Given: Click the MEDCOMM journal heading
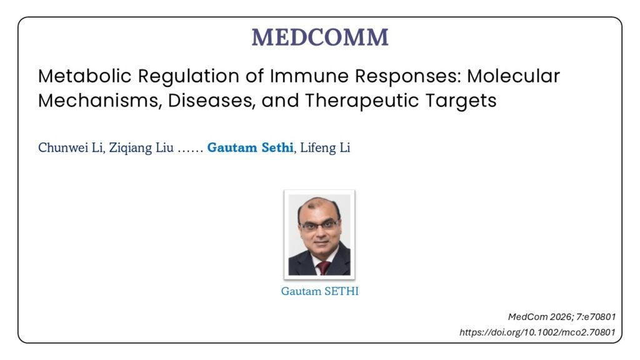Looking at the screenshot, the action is coord(320,37).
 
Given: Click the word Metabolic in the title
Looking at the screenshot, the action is coord(85,76).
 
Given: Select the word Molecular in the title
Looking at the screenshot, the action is coord(513,76).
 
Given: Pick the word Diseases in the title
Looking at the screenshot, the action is coord(211,101).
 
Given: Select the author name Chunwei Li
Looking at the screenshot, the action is coord(71,147).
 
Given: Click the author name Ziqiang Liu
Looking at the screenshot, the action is coord(141,147).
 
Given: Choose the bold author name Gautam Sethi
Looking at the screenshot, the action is coord(250,147).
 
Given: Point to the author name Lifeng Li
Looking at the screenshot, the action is coord(325,147).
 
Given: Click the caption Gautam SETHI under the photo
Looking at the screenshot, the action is coord(319,291).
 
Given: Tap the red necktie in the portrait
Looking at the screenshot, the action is coord(323,267).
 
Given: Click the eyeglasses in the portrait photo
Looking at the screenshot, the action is coord(319,225).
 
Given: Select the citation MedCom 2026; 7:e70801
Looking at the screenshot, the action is coord(562,317).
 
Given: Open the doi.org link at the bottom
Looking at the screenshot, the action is coord(537,332).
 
